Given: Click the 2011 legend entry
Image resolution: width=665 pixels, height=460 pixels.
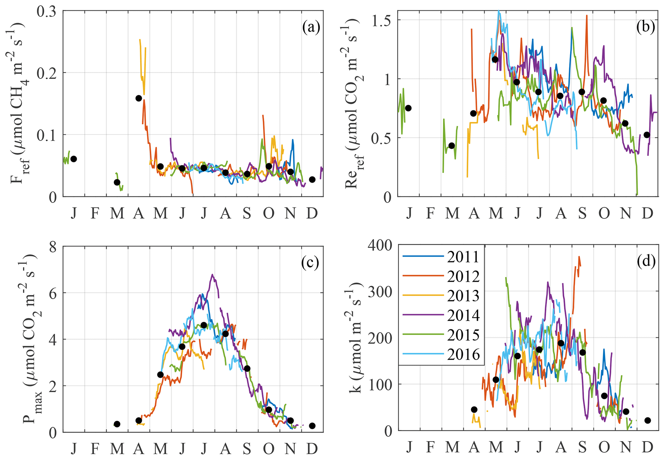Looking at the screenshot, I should coord(463,257).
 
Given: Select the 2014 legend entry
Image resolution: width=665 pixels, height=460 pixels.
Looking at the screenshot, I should coord(463,315).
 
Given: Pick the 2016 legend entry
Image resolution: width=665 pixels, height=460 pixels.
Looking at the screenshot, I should coord(463,354).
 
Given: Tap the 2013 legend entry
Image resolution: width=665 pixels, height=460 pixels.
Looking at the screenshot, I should coord(463,296).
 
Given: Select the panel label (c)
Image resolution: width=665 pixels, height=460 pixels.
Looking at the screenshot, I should coord(310,262).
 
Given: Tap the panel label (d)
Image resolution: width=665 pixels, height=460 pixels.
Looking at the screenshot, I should coord(646,262).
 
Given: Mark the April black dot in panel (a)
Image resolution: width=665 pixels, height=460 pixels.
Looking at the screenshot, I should coord(139,98).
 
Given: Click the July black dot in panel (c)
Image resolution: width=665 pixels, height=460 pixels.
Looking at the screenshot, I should coord(204,325).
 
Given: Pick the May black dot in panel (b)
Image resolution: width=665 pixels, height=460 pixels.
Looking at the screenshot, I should coord(495,59).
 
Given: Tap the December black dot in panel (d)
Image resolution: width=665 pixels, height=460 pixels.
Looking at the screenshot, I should coord(648,420).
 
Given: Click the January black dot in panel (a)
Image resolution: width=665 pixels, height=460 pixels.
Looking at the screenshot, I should coord(74,159).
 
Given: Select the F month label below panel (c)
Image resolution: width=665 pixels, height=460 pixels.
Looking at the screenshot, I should coord(95,448).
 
